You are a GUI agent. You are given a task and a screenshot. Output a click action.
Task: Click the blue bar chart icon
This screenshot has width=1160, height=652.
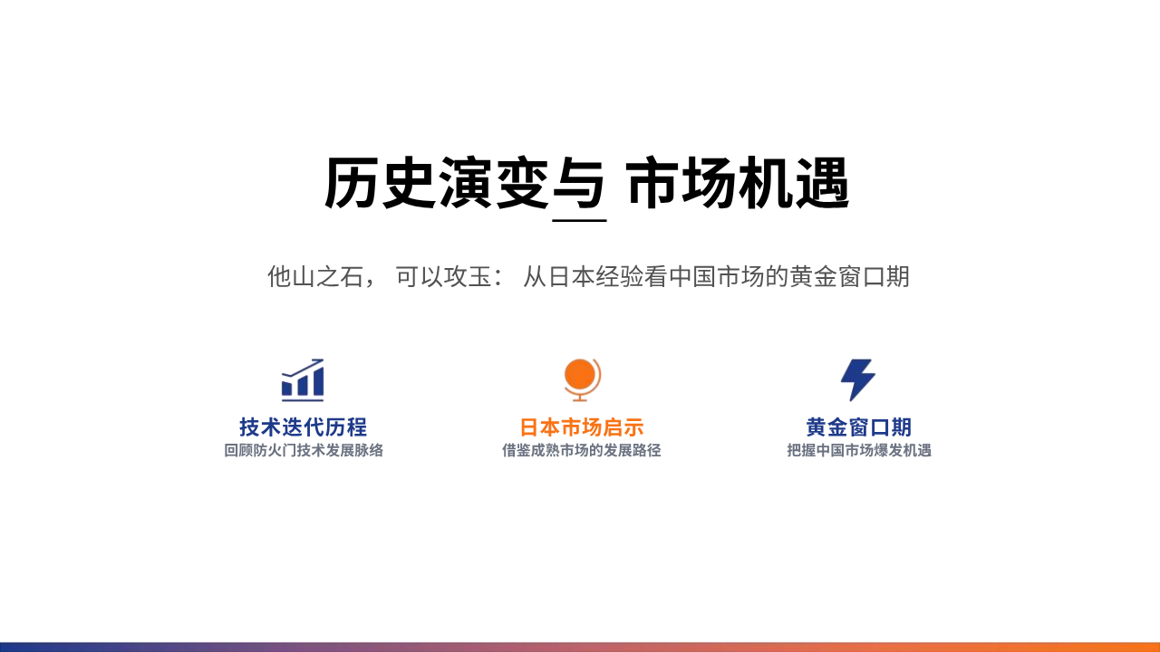(x=303, y=379)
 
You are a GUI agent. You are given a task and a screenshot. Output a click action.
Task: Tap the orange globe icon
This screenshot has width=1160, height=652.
(x=582, y=379)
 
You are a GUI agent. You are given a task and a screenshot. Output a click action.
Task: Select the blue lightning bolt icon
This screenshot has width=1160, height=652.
(x=857, y=379)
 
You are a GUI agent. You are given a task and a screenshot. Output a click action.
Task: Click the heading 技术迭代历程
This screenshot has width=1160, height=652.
(x=303, y=427)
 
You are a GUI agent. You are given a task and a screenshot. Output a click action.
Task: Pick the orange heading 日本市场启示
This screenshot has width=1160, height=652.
(x=582, y=427)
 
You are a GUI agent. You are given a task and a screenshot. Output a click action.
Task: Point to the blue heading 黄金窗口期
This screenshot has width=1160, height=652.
(x=858, y=427)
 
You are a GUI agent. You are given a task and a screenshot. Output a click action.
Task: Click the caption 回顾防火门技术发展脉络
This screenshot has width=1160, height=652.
(x=304, y=450)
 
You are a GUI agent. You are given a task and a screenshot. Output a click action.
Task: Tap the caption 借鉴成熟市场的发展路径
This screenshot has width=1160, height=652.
(x=582, y=450)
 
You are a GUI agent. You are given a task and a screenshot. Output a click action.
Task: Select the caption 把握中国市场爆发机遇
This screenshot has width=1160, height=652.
(x=859, y=450)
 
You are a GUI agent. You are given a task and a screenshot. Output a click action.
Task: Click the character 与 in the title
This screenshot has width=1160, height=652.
(x=578, y=183)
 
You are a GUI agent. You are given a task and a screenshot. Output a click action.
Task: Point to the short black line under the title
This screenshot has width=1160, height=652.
(x=579, y=220)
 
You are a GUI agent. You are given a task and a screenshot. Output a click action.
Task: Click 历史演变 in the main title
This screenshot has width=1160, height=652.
(x=437, y=183)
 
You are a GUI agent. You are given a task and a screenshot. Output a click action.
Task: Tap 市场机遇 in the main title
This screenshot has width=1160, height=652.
(x=738, y=183)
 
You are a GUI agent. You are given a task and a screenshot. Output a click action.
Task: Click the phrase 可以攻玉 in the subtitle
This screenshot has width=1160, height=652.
(x=443, y=276)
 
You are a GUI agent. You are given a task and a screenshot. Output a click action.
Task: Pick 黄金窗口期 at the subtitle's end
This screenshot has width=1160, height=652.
(x=850, y=276)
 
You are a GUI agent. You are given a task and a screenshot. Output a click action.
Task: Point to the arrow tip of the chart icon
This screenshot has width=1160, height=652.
(x=322, y=360)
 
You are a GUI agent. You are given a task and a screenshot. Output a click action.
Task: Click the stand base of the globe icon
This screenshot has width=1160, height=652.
(x=580, y=399)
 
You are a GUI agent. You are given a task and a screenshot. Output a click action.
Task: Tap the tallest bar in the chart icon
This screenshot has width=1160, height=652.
(x=318, y=382)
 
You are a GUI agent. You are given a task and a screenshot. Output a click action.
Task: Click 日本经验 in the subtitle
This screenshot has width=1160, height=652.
(x=595, y=276)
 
